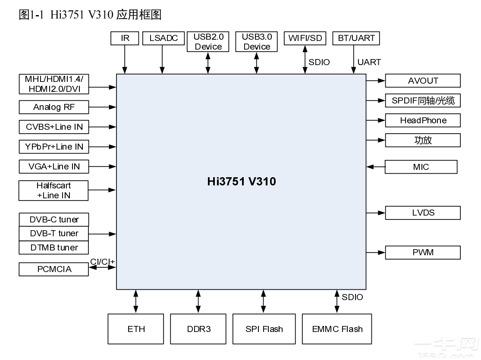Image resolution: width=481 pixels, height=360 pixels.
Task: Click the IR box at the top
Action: click(125, 38)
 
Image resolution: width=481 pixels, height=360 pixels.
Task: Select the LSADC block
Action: click(163, 38)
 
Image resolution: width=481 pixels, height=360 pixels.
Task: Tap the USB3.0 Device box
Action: click(257, 42)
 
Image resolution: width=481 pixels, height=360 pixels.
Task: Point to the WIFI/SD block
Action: click(305, 38)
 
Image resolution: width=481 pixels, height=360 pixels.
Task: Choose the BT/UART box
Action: click(356, 38)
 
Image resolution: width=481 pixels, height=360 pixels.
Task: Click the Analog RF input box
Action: click(54, 107)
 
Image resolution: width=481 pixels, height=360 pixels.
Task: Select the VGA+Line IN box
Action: click(54, 166)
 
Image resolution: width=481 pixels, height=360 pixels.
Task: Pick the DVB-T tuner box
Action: click(54, 233)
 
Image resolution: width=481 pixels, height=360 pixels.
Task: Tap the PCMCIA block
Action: click(54, 269)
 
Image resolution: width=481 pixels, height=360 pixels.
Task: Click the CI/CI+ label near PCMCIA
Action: click(102, 262)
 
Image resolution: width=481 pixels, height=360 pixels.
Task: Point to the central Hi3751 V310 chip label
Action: click(241, 182)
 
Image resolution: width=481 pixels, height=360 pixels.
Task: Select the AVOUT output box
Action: click(423, 81)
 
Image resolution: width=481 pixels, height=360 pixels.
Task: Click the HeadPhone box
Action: click(423, 120)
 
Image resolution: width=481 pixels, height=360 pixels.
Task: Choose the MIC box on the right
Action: click(421, 167)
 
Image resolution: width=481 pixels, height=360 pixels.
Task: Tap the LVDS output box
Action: click(423, 213)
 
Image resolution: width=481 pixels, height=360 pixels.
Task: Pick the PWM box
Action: click(423, 252)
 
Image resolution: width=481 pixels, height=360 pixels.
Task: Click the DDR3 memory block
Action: click(199, 329)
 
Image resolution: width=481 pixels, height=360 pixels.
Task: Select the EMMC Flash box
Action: click(337, 329)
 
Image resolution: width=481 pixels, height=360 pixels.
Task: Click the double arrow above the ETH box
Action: click(136, 301)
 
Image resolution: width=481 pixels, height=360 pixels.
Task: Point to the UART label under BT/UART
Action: click(369, 62)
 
